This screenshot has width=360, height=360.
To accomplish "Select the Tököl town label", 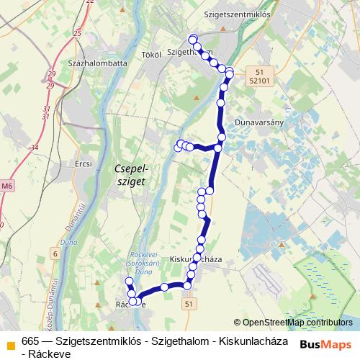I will point(150,54).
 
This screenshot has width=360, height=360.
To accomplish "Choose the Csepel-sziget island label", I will point(131,175).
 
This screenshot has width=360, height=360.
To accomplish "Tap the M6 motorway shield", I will point(6,186).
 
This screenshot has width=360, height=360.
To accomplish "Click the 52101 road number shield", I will point(261,81).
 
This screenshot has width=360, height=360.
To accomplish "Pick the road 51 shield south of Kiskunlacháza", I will point(189,305).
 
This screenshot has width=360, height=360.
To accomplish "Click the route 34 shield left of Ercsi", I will point(35,148).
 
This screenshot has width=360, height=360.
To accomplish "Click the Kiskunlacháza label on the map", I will point(197,258).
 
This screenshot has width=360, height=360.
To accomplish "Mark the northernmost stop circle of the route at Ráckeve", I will point(129,282).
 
